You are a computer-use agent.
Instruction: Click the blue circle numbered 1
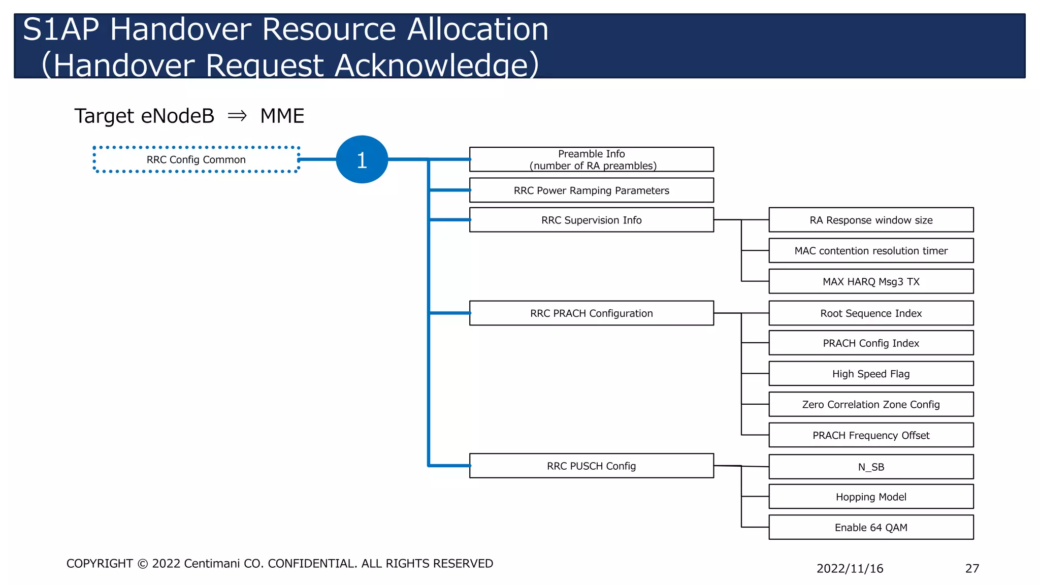tap(362, 159)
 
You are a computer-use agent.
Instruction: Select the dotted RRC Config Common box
tap(196, 159)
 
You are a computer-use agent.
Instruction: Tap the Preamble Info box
tap(591, 159)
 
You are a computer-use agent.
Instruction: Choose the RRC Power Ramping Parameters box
tap(591, 190)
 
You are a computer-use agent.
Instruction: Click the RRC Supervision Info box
tap(591, 220)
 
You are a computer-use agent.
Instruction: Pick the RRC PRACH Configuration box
tap(591, 313)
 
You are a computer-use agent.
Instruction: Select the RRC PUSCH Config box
tap(591, 466)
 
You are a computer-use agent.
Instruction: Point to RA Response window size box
tap(871, 220)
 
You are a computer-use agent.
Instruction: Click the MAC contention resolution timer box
tap(871, 250)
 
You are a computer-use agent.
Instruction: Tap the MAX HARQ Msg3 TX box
tap(871, 281)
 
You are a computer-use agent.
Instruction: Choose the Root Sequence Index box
tap(871, 313)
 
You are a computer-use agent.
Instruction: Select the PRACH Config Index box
tap(871, 343)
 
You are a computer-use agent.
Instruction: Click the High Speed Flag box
tap(871, 374)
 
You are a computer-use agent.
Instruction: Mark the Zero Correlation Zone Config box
tap(871, 404)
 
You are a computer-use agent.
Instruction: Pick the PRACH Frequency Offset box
tap(871, 435)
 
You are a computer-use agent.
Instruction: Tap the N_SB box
tap(871, 467)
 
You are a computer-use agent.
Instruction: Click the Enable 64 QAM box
tap(871, 527)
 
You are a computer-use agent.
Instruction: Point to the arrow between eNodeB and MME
tap(237, 116)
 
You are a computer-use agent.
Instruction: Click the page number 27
tap(972, 568)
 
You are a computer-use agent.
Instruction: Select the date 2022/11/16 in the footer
tap(850, 568)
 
